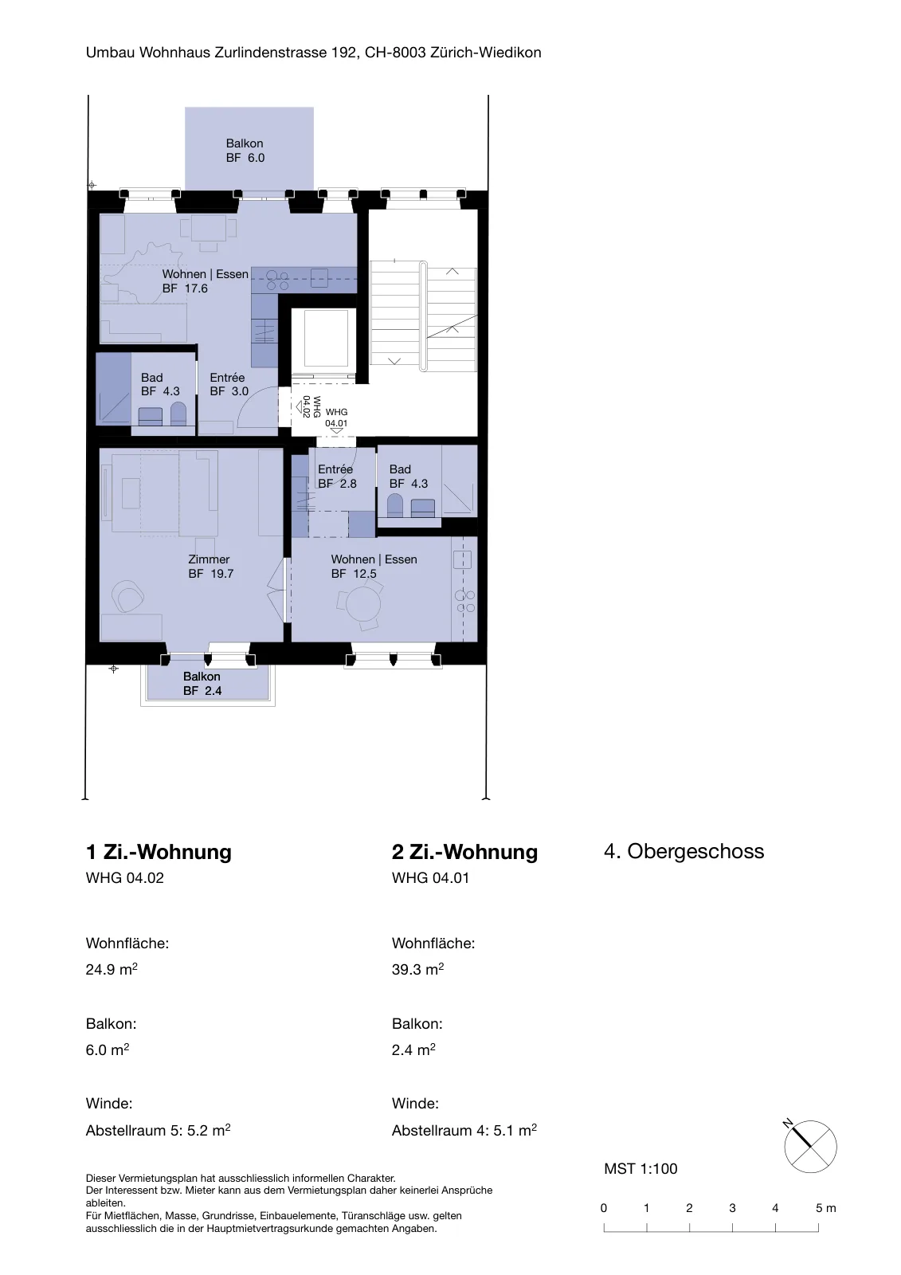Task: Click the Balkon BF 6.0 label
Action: click(x=245, y=151)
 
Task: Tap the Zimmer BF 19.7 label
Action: click(x=210, y=567)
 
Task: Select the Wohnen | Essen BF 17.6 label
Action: click(x=205, y=281)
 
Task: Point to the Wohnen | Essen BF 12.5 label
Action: click(x=374, y=567)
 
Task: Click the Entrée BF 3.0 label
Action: click(x=229, y=384)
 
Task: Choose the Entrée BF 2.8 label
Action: click(x=337, y=477)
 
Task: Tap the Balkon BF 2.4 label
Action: click(x=202, y=684)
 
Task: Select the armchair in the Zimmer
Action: click(x=128, y=596)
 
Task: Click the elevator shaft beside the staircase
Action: click(x=326, y=339)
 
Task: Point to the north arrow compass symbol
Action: click(x=809, y=1147)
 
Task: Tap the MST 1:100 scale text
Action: click(x=640, y=1169)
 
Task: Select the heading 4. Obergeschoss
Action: click(x=684, y=851)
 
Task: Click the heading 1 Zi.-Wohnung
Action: click(x=159, y=852)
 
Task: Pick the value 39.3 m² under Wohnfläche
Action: click(x=417, y=969)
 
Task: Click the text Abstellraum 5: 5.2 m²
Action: click(x=159, y=1130)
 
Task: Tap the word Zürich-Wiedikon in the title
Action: click(x=485, y=53)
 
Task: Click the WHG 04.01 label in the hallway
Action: click(x=336, y=418)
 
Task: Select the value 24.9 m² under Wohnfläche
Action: click(x=112, y=969)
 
